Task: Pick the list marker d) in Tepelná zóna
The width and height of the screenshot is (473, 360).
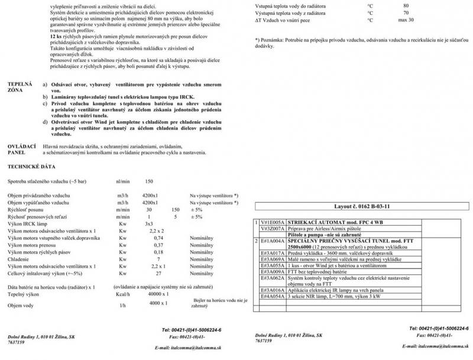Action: tap(46, 122)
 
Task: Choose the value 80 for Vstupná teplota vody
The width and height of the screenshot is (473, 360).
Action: tap(406, 5)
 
